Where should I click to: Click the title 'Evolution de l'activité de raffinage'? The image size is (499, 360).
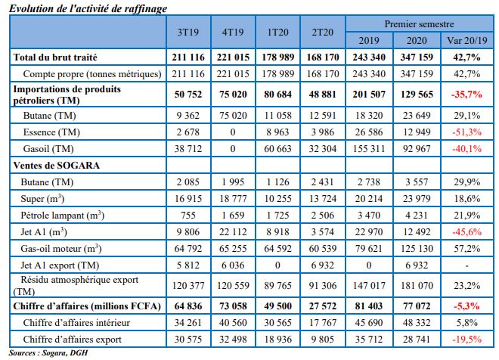88,7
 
